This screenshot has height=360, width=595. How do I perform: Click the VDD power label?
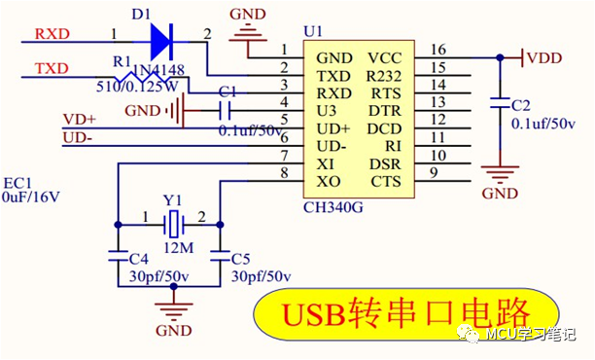(545, 58)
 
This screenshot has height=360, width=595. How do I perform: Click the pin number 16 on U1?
(438, 49)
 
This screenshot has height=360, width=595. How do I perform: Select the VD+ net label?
(81, 119)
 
